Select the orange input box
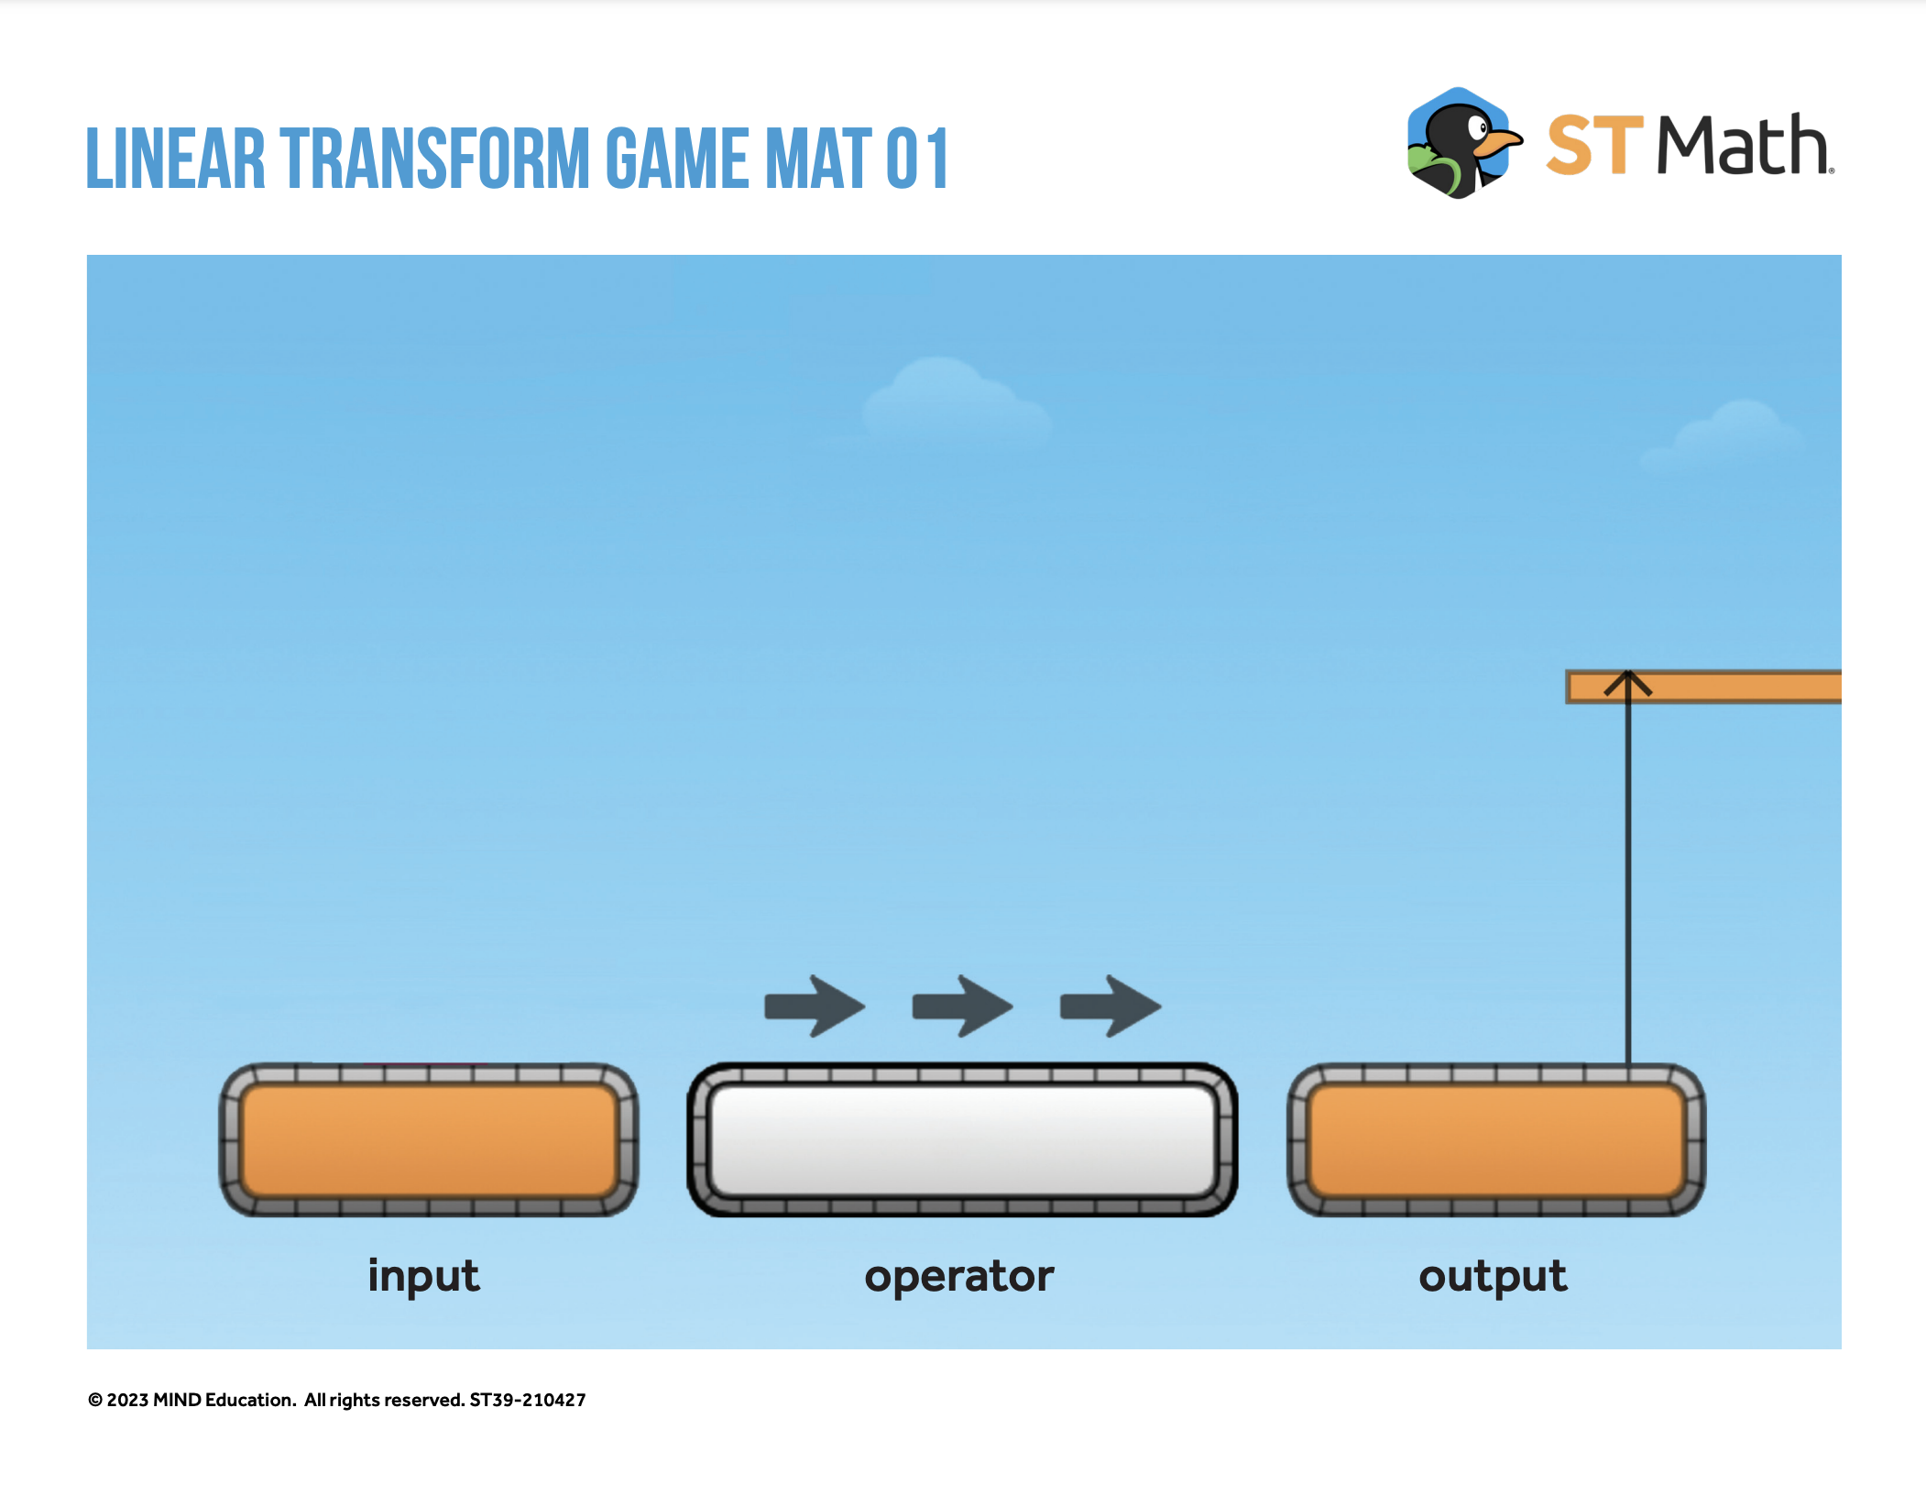[429, 1140]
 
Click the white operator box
[962, 1140]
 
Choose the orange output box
[1496, 1140]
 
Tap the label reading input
[423, 1276]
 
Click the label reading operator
[959, 1277]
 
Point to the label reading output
[1493, 1276]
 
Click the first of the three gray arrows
[815, 1006]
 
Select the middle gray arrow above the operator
[962, 1006]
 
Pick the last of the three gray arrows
[1111, 1006]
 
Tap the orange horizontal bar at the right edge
[1703, 687]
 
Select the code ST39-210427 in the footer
[528, 1400]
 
